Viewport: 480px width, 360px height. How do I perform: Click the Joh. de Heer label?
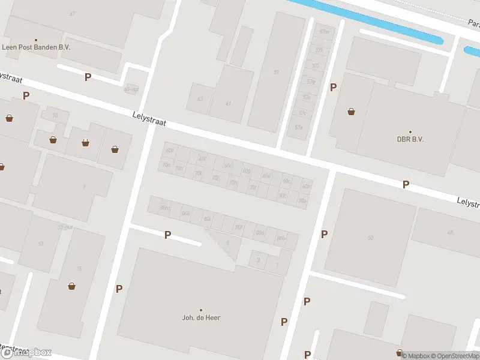(201, 317)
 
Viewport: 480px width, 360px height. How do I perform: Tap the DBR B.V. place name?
(410, 139)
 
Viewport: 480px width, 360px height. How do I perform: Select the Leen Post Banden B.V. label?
(37, 47)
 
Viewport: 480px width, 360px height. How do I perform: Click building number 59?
(277, 73)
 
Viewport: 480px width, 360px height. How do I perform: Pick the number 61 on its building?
(229, 103)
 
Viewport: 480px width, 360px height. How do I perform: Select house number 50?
(371, 238)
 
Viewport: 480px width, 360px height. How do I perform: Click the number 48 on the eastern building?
(449, 232)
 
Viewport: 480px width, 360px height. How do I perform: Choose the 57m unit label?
(324, 31)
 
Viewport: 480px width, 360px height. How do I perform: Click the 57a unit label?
(298, 127)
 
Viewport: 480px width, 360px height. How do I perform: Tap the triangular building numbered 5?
(227, 242)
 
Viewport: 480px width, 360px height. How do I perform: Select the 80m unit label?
(164, 208)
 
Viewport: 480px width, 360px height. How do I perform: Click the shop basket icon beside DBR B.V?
(351, 112)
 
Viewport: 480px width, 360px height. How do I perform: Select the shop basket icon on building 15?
(72, 286)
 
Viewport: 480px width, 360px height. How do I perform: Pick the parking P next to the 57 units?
(333, 88)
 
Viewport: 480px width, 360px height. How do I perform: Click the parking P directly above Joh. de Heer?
(167, 235)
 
